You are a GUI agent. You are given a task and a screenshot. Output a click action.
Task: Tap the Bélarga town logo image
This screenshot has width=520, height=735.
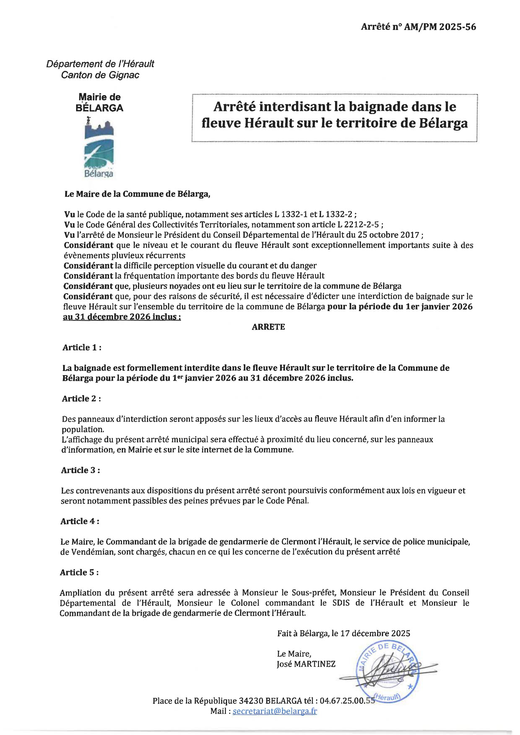click(99, 148)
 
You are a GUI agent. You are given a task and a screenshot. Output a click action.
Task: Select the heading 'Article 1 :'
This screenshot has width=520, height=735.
click(82, 348)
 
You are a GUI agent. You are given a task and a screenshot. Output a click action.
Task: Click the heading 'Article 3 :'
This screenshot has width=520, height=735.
click(80, 470)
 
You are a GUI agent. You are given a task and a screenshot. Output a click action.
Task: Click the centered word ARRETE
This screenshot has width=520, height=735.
click(268, 327)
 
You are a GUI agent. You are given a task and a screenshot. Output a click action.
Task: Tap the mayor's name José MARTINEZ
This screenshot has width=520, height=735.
click(306, 664)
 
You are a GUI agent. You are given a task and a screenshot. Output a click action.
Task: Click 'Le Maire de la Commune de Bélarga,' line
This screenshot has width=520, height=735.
click(137, 194)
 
